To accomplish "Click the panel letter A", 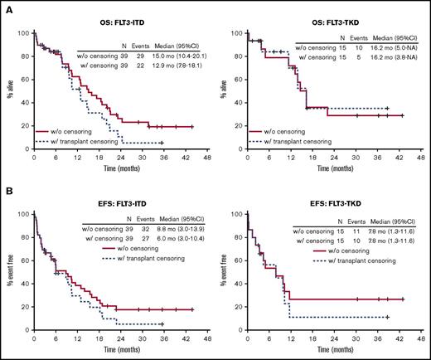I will (x=7, y=7).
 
